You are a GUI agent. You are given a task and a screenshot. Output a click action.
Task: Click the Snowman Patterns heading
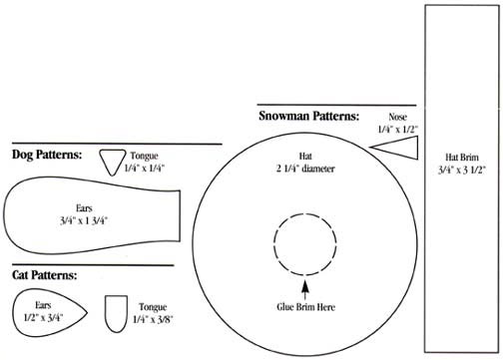point(308,116)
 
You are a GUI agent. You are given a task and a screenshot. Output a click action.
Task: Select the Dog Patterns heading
point(47,155)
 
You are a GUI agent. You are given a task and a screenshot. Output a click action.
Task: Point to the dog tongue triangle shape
point(113,159)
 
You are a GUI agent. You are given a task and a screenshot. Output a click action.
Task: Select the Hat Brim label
point(462,157)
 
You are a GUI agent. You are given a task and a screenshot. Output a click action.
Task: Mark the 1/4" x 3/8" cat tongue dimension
point(153,318)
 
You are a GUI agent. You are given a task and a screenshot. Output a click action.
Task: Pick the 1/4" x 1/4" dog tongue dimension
point(145,169)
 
